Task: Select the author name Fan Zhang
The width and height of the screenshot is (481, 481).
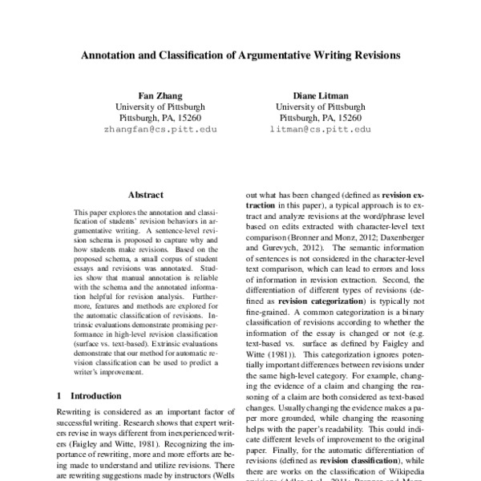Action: (x=160, y=93)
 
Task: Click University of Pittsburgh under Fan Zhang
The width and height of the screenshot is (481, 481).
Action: (x=160, y=105)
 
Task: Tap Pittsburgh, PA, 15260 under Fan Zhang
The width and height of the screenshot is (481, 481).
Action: (x=160, y=117)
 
